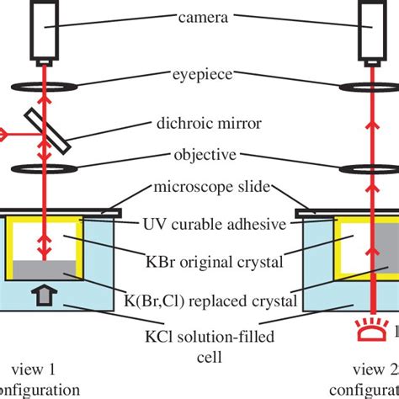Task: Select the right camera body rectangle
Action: pyautogui.click(x=372, y=30)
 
